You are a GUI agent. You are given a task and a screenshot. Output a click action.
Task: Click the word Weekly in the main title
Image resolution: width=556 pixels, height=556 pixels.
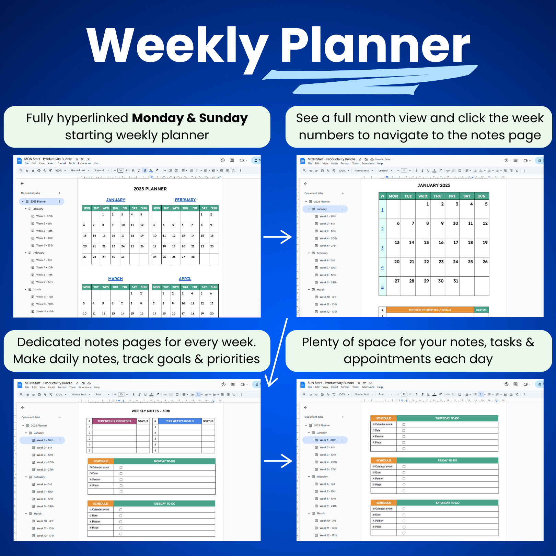coord(177,46)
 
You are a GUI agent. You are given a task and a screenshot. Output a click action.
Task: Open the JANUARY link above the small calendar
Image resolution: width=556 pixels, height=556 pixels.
coord(116,200)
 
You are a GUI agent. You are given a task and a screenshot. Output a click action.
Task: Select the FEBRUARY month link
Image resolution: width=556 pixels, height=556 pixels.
coord(185,200)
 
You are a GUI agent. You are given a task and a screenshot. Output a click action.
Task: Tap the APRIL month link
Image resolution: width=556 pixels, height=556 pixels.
coord(185,279)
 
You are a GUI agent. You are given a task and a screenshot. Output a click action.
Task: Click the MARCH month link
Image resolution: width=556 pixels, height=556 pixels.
coord(115,279)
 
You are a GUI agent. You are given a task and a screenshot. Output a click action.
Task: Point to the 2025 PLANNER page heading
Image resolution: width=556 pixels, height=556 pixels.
coord(150,189)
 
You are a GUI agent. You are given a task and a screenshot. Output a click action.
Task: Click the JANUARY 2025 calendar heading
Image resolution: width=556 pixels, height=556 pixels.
coord(433,185)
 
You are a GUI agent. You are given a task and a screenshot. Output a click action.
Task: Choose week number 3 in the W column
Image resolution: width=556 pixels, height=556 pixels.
coord(382,248)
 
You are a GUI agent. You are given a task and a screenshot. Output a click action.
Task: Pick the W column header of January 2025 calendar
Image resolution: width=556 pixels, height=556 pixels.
coord(382,196)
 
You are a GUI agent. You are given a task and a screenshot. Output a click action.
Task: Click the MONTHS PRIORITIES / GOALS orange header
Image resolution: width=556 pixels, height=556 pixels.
coord(430,310)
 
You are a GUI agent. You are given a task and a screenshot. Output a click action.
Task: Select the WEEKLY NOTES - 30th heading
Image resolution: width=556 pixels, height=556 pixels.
coord(151,411)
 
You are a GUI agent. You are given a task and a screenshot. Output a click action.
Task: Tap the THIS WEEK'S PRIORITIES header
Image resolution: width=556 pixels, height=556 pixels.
coord(114,421)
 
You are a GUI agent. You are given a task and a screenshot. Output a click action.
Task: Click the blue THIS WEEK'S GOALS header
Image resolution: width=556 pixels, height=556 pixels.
coord(180,421)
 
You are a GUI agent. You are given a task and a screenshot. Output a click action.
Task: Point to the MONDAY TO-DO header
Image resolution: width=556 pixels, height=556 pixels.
coord(164,461)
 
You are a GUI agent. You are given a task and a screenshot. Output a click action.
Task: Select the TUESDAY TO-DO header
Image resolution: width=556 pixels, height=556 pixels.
coord(164,504)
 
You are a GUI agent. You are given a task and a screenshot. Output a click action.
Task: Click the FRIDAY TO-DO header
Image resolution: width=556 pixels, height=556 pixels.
coord(447,461)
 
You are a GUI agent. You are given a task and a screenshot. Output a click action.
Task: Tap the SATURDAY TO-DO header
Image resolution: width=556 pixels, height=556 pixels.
coord(447,503)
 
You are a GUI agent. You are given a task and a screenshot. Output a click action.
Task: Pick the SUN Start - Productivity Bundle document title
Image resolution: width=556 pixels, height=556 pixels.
coord(330,383)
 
